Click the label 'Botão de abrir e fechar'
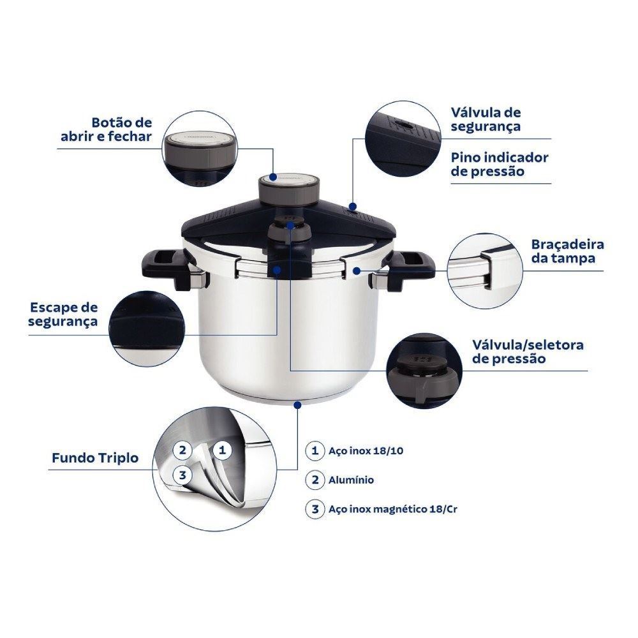click(x=106, y=130)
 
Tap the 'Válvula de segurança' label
click(x=486, y=119)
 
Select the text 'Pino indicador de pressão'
click(x=500, y=164)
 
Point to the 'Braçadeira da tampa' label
click(x=567, y=251)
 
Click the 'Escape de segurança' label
click(x=63, y=314)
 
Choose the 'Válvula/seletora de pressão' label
click(x=528, y=352)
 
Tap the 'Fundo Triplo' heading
click(x=95, y=457)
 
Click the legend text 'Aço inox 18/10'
click(x=366, y=451)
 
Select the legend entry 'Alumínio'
click(x=351, y=480)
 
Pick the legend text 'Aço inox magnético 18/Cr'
click(x=392, y=509)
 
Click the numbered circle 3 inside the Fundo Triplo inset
click(x=182, y=475)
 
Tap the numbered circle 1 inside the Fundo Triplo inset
click(x=222, y=450)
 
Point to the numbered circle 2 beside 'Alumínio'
click(x=315, y=480)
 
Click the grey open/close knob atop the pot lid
click(x=288, y=190)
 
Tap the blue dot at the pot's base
click(x=297, y=405)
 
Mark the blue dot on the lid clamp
click(x=357, y=270)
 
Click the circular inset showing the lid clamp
click(x=484, y=271)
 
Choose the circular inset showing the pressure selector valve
click(x=424, y=371)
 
